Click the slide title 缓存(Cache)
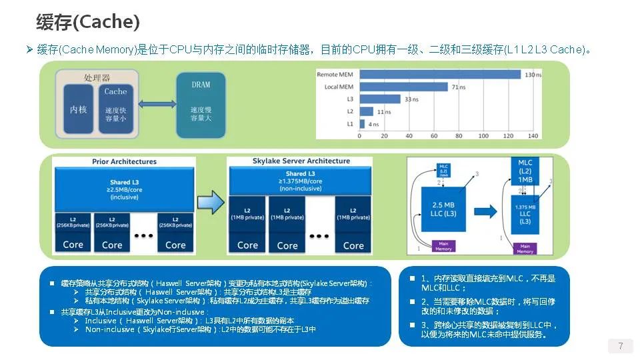[87, 22]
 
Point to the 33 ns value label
[412, 99]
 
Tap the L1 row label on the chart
[349, 123]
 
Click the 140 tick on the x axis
[532, 136]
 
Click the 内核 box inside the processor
[79, 110]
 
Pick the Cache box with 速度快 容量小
[115, 110]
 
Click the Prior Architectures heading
[124, 161]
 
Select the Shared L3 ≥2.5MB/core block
[125, 189]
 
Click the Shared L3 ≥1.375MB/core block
[299, 180]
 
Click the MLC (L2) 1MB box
[525, 172]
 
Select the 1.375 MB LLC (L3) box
[525, 215]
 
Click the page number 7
[621, 346]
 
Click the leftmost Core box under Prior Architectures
[73, 245]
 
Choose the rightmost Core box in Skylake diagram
[353, 245]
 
